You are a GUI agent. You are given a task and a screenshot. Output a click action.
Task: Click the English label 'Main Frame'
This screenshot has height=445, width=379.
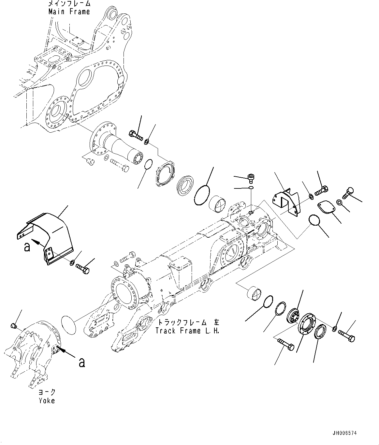(69, 12)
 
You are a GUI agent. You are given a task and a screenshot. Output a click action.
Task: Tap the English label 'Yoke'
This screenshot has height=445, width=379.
(47, 400)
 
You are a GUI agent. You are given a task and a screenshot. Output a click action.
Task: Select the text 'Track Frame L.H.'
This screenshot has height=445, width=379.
(188, 331)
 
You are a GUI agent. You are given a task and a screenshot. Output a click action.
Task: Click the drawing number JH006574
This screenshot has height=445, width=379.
(344, 433)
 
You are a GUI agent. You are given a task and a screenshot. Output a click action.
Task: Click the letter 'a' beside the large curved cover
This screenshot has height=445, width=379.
(27, 246)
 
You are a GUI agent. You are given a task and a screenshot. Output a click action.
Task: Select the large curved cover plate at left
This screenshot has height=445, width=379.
(49, 235)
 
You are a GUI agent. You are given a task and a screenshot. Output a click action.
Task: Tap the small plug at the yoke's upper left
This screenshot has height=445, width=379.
(13, 325)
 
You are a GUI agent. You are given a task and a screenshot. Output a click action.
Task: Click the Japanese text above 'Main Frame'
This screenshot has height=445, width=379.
(69, 4)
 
